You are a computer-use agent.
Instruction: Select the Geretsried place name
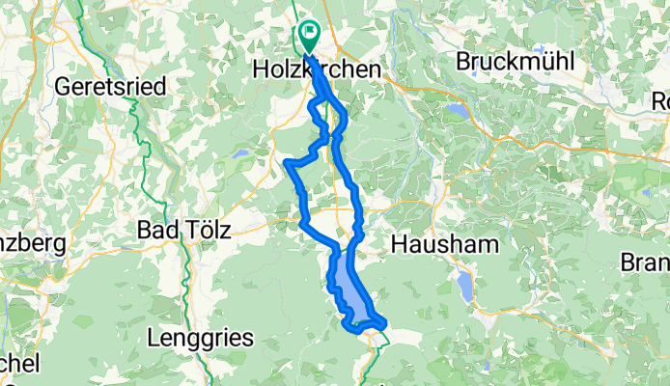point(111,86)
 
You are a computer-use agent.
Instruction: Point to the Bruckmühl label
point(516,63)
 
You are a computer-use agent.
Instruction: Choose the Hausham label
point(445,245)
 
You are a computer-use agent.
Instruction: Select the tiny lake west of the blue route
point(238,153)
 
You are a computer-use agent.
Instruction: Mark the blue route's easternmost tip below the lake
point(385,322)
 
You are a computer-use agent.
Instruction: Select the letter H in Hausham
point(400,245)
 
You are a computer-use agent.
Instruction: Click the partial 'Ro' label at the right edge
point(660,99)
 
